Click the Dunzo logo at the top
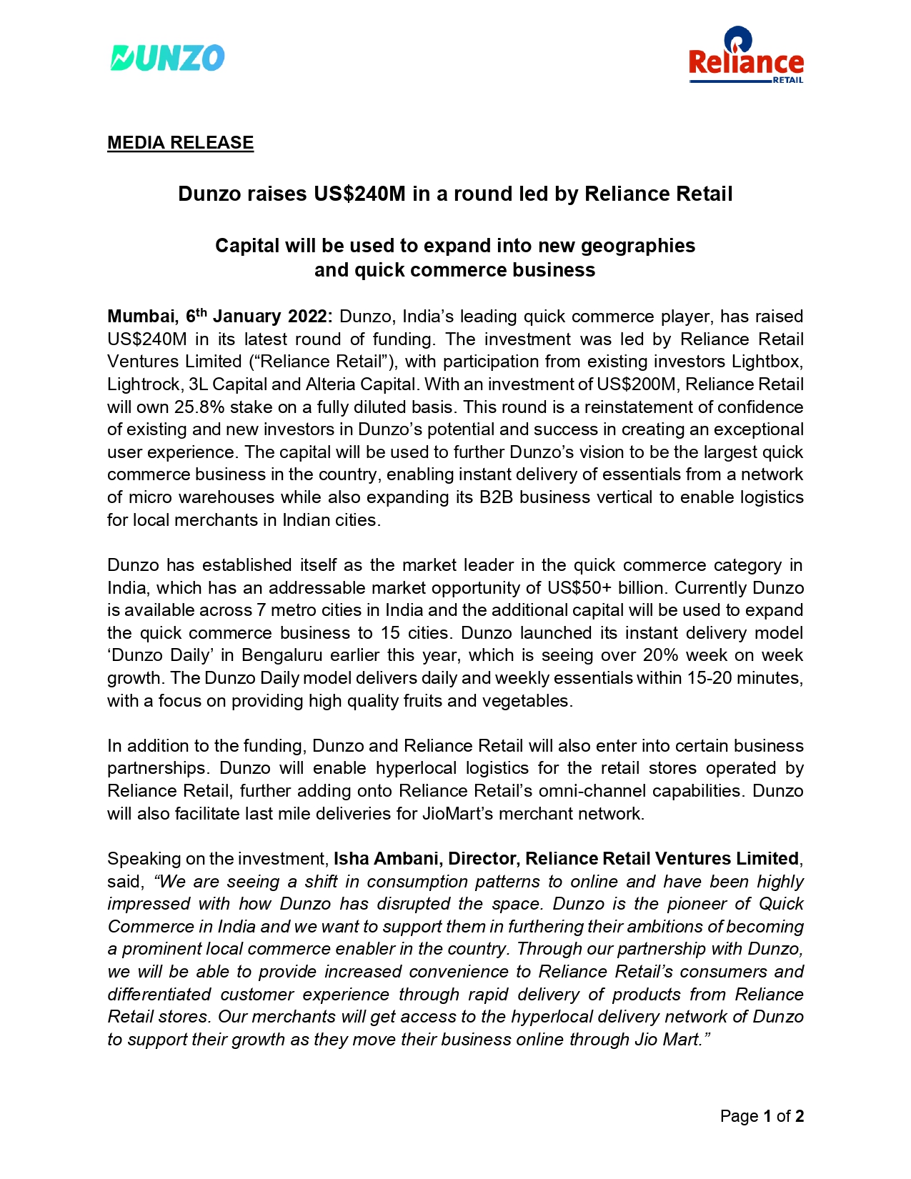[167, 58]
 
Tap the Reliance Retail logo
[746, 57]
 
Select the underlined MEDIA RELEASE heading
[180, 143]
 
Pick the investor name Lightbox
[768, 362]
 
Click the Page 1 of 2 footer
[762, 1116]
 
